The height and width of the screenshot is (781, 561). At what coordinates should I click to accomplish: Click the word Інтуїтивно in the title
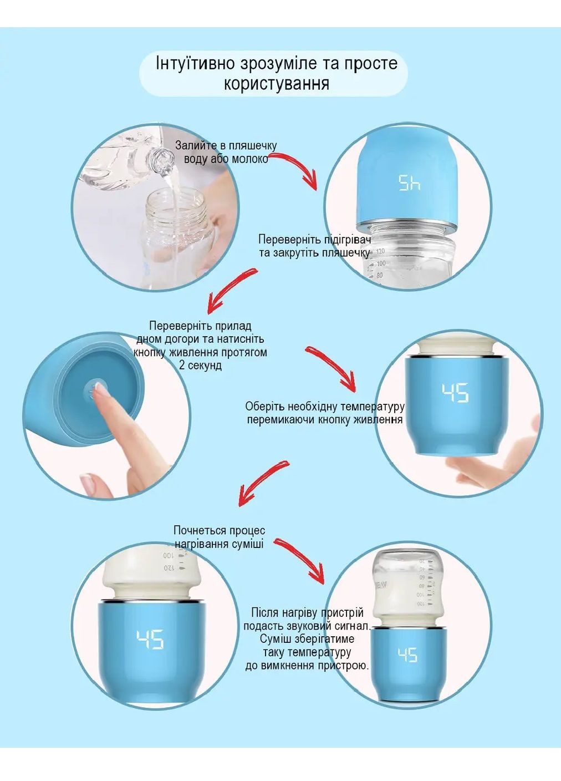click(195, 64)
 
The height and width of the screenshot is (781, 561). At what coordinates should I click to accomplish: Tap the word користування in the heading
click(276, 84)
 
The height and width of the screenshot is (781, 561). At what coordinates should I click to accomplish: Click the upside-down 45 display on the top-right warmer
click(410, 182)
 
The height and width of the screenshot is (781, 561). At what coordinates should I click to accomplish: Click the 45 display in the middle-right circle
click(455, 393)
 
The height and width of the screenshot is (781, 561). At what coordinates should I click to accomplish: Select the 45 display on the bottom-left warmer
click(150, 640)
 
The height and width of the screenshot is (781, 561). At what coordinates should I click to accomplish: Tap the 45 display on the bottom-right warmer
click(407, 655)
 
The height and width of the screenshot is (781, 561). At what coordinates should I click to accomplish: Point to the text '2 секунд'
click(200, 366)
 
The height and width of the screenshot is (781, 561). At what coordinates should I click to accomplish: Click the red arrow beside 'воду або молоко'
click(298, 168)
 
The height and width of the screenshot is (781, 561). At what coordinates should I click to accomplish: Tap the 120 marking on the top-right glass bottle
click(380, 251)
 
